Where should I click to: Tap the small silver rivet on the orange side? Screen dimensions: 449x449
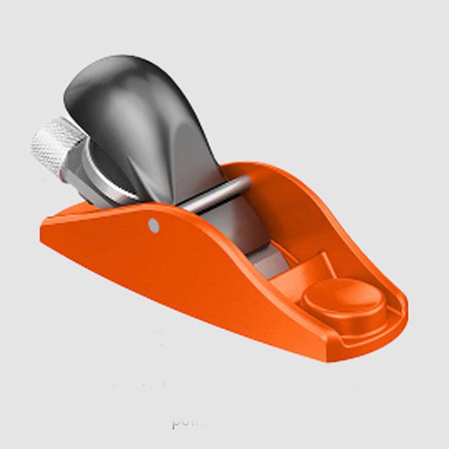[x=153, y=225]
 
